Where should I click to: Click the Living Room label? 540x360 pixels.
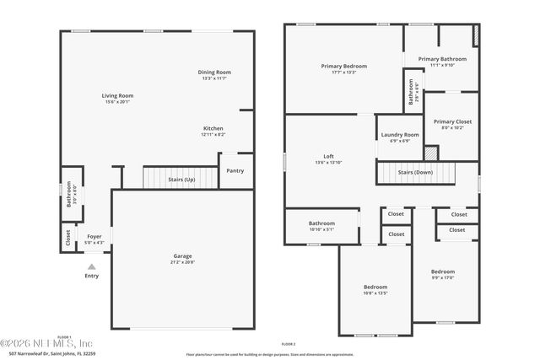(117, 96)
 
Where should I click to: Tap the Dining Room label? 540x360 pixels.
(214, 73)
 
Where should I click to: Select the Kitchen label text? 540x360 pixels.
(213, 128)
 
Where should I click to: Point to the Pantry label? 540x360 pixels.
(235, 170)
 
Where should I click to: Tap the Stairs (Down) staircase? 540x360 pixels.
(415, 173)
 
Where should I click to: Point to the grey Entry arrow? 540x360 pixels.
(92, 266)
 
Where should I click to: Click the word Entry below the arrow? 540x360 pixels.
(92, 276)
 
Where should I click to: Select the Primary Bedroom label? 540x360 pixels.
(343, 66)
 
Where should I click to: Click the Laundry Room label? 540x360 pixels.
(399, 135)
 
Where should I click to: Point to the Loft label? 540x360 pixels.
(329, 157)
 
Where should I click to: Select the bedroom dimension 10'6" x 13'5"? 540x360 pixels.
(375, 293)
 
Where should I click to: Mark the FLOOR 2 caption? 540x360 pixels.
(289, 345)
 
